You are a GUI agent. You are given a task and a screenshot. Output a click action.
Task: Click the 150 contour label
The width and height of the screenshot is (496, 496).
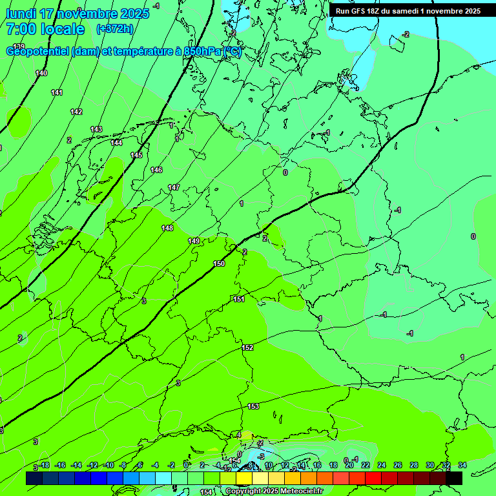tap(220, 263)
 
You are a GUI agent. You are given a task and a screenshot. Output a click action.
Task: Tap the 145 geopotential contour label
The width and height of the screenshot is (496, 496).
tap(136, 156)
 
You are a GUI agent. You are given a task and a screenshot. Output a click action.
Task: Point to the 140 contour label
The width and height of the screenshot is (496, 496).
tap(41, 74)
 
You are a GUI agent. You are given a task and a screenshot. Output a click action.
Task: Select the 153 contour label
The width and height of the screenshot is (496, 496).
tap(253, 406)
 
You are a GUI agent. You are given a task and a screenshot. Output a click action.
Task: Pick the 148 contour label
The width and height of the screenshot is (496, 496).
tap(168, 228)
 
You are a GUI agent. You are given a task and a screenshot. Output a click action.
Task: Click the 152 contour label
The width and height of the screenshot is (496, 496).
tap(247, 348)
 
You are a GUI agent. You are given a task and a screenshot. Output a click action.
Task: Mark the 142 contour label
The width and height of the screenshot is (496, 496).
tap(76, 112)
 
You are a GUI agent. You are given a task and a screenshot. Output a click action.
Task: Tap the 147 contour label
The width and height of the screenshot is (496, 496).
tap(174, 188)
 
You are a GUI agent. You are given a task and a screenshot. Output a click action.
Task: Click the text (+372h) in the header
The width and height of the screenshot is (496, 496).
tap(114, 29)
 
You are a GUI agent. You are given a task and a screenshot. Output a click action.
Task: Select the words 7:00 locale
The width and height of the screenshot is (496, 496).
tap(45, 29)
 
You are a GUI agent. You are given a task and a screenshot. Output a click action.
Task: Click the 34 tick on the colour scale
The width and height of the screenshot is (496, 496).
tap(462, 465)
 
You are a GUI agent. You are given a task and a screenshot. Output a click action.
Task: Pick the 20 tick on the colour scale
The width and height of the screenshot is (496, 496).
tap(349, 465)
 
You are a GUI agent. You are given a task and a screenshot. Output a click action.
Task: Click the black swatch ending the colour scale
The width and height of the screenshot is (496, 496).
tap(454, 478)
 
